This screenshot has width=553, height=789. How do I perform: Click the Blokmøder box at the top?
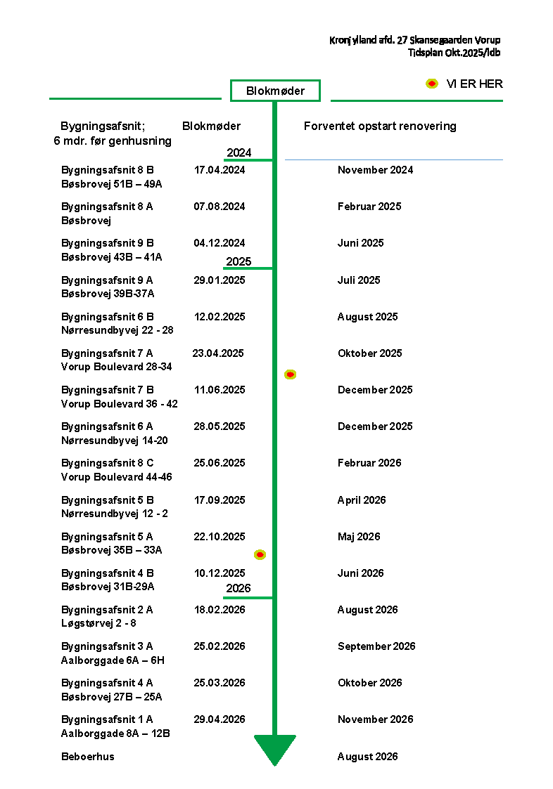tap(275, 91)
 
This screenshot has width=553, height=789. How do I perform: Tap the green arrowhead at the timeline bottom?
tap(275, 749)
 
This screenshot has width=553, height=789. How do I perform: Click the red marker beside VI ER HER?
tap(432, 84)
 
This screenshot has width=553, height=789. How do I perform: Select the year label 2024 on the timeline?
tap(239, 153)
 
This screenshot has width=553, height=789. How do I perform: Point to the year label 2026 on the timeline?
tap(239, 589)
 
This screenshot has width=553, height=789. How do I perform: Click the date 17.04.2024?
tap(220, 170)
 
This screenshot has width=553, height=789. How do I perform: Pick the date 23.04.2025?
tap(218, 353)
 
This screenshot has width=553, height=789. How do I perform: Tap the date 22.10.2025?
tap(220, 537)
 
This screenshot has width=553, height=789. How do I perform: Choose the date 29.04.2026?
tap(220, 719)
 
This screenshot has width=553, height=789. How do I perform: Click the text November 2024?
tap(375, 170)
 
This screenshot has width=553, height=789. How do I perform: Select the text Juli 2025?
tap(359, 280)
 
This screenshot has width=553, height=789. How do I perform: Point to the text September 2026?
tap(376, 646)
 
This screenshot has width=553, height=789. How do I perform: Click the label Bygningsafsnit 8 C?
tap(108, 463)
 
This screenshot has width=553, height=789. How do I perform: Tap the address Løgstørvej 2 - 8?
tap(99, 624)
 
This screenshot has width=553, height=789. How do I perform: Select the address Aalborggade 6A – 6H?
tap(113, 660)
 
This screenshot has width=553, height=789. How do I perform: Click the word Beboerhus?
tap(88, 757)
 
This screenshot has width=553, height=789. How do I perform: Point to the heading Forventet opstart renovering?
tap(380, 126)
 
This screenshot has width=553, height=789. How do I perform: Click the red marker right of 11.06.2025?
tap(290, 374)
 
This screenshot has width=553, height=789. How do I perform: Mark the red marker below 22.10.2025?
tap(260, 555)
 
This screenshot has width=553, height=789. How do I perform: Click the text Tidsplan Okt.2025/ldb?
tap(454, 53)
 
